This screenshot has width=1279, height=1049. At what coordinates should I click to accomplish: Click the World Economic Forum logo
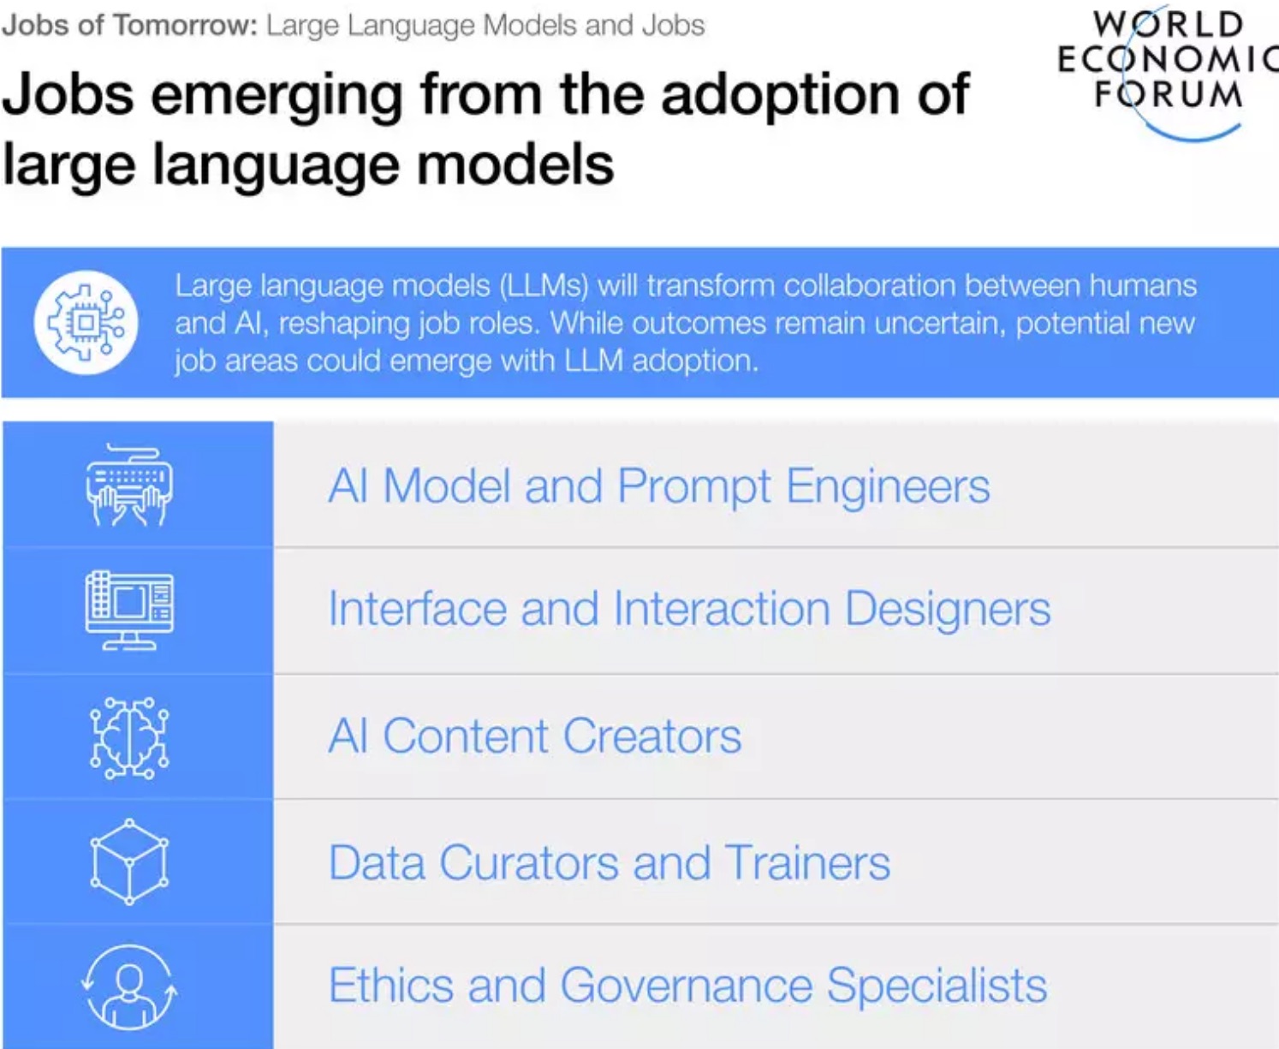pos(1168,72)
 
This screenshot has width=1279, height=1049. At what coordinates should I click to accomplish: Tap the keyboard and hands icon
pos(129,486)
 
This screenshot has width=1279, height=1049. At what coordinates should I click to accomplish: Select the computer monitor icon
pos(129,611)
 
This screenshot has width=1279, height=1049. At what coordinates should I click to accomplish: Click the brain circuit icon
pos(129,738)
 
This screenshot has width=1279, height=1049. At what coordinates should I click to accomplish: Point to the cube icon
pos(129,861)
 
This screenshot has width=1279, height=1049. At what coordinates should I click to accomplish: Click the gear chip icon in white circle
pos(86,322)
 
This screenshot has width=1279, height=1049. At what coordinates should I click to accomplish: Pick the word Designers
pos(948,610)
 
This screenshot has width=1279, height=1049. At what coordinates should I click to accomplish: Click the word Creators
pos(652,736)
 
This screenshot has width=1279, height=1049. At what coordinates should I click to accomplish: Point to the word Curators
pos(528,862)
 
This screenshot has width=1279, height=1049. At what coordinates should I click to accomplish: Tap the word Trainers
pos(807,862)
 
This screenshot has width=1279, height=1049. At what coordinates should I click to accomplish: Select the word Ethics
pos(391,985)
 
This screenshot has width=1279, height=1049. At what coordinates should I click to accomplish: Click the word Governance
pos(686,985)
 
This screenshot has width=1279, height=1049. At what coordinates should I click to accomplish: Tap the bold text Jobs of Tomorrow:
pos(130,26)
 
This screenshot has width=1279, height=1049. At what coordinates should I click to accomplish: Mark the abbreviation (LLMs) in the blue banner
pos(544,285)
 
